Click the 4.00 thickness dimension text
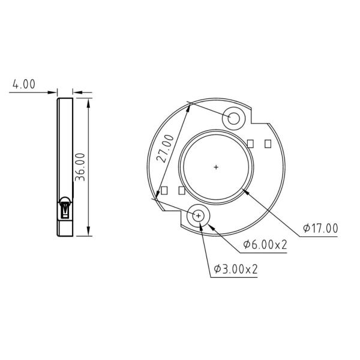pos(23,85)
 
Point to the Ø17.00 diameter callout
pos(320,228)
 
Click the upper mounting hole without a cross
pos(233,118)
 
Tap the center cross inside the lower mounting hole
pos(199,215)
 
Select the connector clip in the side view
pos(65,208)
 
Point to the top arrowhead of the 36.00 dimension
pos(89,103)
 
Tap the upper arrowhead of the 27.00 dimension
pos(188,107)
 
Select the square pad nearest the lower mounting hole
pos(182,190)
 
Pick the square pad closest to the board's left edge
pos(164,191)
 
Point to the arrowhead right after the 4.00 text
pos(55,93)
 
